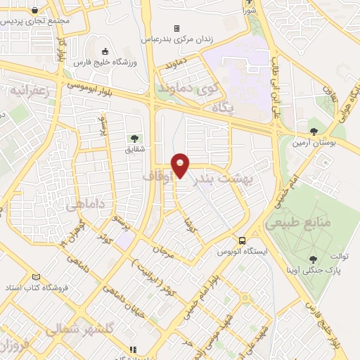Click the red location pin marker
pos(181,165)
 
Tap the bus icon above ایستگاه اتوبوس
pos(241,240)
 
